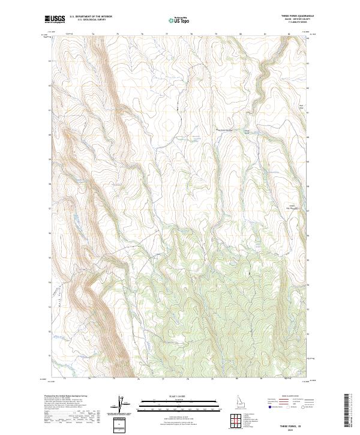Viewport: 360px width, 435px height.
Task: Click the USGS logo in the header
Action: (55, 20)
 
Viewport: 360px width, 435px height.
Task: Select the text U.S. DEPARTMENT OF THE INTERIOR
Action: (91, 17)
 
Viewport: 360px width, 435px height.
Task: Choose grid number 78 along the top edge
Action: (191, 34)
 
